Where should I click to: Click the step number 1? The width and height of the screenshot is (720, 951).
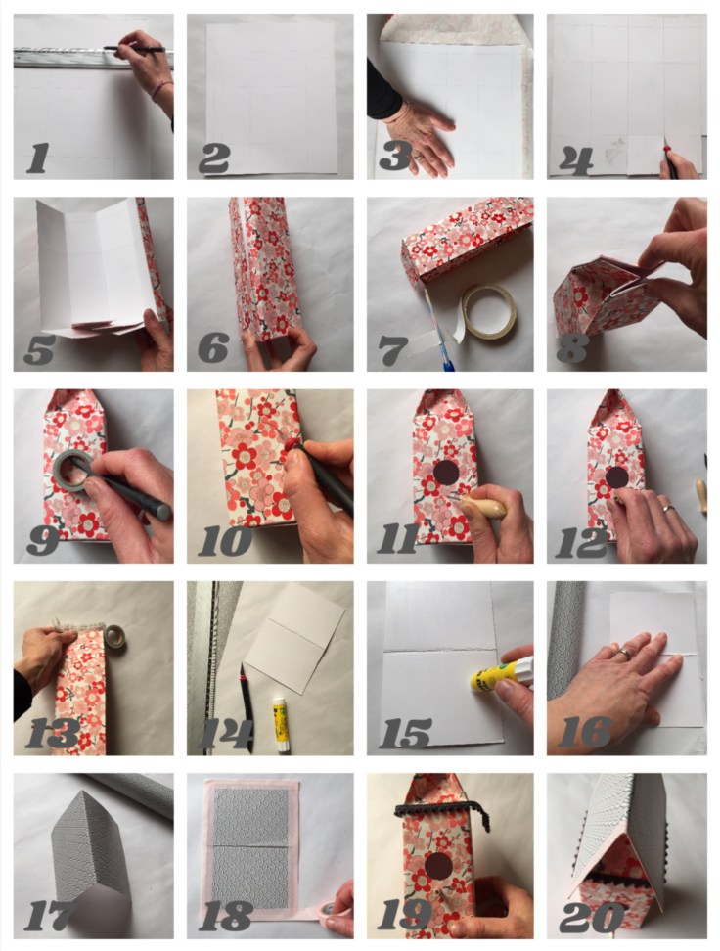coord(37,158)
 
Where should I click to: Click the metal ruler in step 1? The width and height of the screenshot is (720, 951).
coord(91,59)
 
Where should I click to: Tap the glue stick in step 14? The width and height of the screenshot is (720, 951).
coord(280,725)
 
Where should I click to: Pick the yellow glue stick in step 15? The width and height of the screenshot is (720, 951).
coord(501,674)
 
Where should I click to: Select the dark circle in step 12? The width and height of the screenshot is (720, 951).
coord(617,476)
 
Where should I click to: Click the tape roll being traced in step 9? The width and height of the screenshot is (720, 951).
coord(71,471)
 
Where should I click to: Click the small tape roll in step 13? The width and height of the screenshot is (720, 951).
coord(114,637)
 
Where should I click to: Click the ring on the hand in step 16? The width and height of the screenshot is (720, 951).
coord(623,654)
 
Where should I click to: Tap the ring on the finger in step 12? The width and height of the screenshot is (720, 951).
coord(668,508)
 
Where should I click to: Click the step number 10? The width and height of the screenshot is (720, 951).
coord(224,541)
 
